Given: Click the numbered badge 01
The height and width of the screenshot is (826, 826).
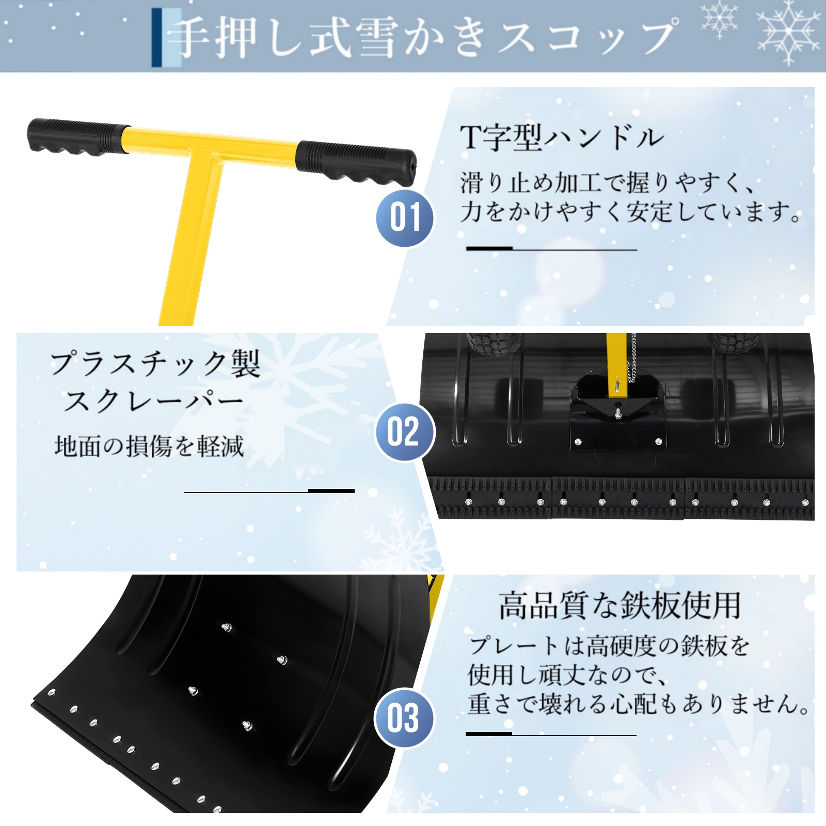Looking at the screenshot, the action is (x=405, y=218).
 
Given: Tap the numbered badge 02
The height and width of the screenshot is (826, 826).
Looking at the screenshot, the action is (x=404, y=432).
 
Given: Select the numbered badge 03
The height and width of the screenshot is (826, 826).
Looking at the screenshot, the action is (x=404, y=718).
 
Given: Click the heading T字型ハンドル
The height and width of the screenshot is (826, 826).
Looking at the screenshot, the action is (x=562, y=138).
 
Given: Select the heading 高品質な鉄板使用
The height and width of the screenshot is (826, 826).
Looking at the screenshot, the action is (x=619, y=605).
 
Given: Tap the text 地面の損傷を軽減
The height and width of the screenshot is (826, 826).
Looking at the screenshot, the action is (x=149, y=446).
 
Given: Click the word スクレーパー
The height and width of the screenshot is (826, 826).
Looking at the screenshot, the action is (x=153, y=401).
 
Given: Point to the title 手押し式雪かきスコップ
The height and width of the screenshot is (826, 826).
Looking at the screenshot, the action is (x=425, y=37).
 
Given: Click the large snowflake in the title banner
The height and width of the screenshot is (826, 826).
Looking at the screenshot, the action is (x=788, y=32).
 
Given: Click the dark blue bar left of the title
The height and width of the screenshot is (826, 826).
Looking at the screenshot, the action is (x=156, y=37).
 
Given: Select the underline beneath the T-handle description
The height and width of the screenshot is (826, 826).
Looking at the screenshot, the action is (x=551, y=249).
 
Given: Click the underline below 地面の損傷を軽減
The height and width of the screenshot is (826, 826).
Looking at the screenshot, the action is (x=269, y=491).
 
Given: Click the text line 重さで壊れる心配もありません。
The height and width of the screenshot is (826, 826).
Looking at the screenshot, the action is (x=639, y=704).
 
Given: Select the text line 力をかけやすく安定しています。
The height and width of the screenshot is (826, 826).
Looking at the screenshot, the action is (x=630, y=212).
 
